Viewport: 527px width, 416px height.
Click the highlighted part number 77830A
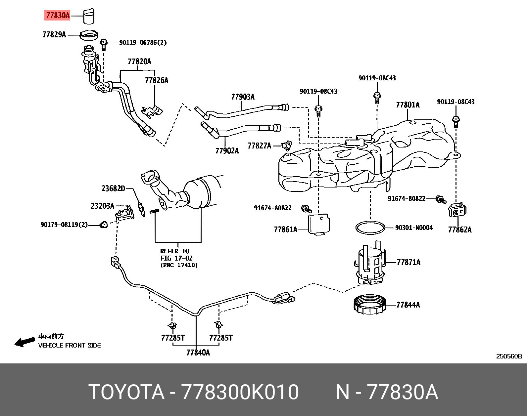pos(57,15)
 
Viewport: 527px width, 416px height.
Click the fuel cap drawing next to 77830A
pos(88,17)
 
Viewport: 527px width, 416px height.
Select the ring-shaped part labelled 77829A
pos(90,35)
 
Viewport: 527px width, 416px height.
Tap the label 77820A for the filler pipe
pos(139,62)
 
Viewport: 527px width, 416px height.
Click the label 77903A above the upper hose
pos(243,97)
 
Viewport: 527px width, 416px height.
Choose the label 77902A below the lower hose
pos(227,151)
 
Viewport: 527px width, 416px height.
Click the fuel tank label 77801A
pos(407,105)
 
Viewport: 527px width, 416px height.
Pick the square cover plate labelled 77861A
pos(319,224)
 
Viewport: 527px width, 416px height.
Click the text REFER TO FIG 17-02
pos(176,255)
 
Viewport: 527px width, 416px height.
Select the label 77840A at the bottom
pos(198,353)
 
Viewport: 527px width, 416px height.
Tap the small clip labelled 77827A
pos(287,145)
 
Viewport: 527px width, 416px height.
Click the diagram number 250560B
pos(508,356)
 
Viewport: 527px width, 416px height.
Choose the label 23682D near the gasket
pos(113,189)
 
